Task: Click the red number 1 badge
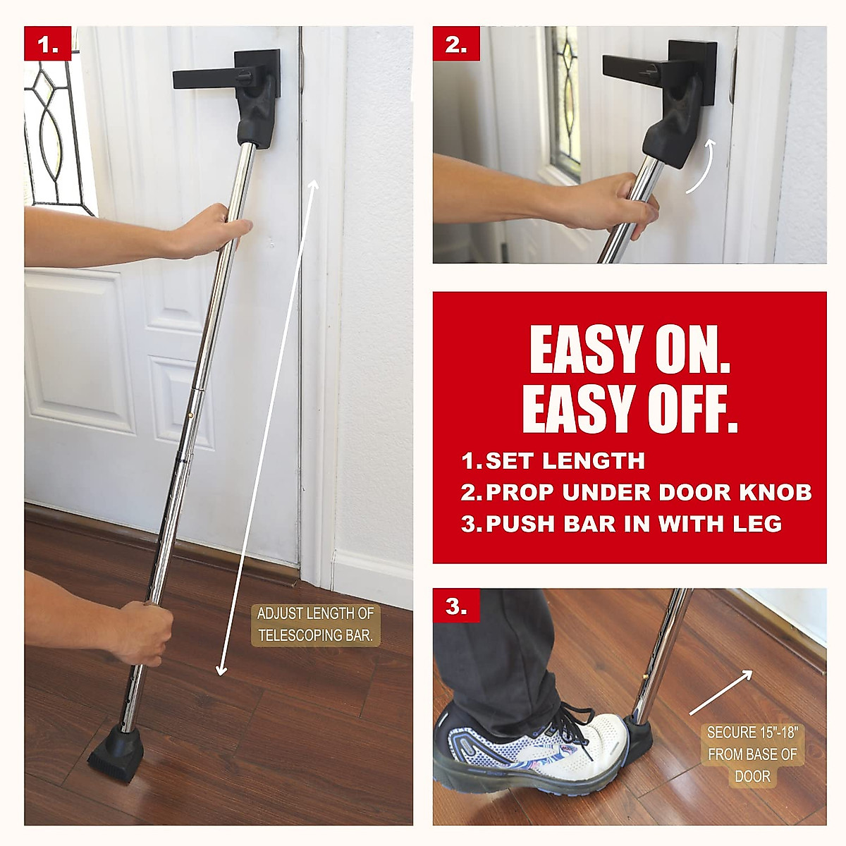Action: pyautogui.click(x=48, y=44)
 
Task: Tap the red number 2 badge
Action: pyautogui.click(x=456, y=44)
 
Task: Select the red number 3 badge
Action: pyautogui.click(x=456, y=606)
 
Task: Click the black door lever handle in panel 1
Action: pyautogui.click(x=211, y=77)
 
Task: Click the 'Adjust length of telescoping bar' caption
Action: pyautogui.click(x=315, y=625)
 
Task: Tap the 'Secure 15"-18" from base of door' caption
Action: pyautogui.click(x=752, y=754)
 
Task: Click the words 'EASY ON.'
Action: pyautogui.click(x=630, y=350)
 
